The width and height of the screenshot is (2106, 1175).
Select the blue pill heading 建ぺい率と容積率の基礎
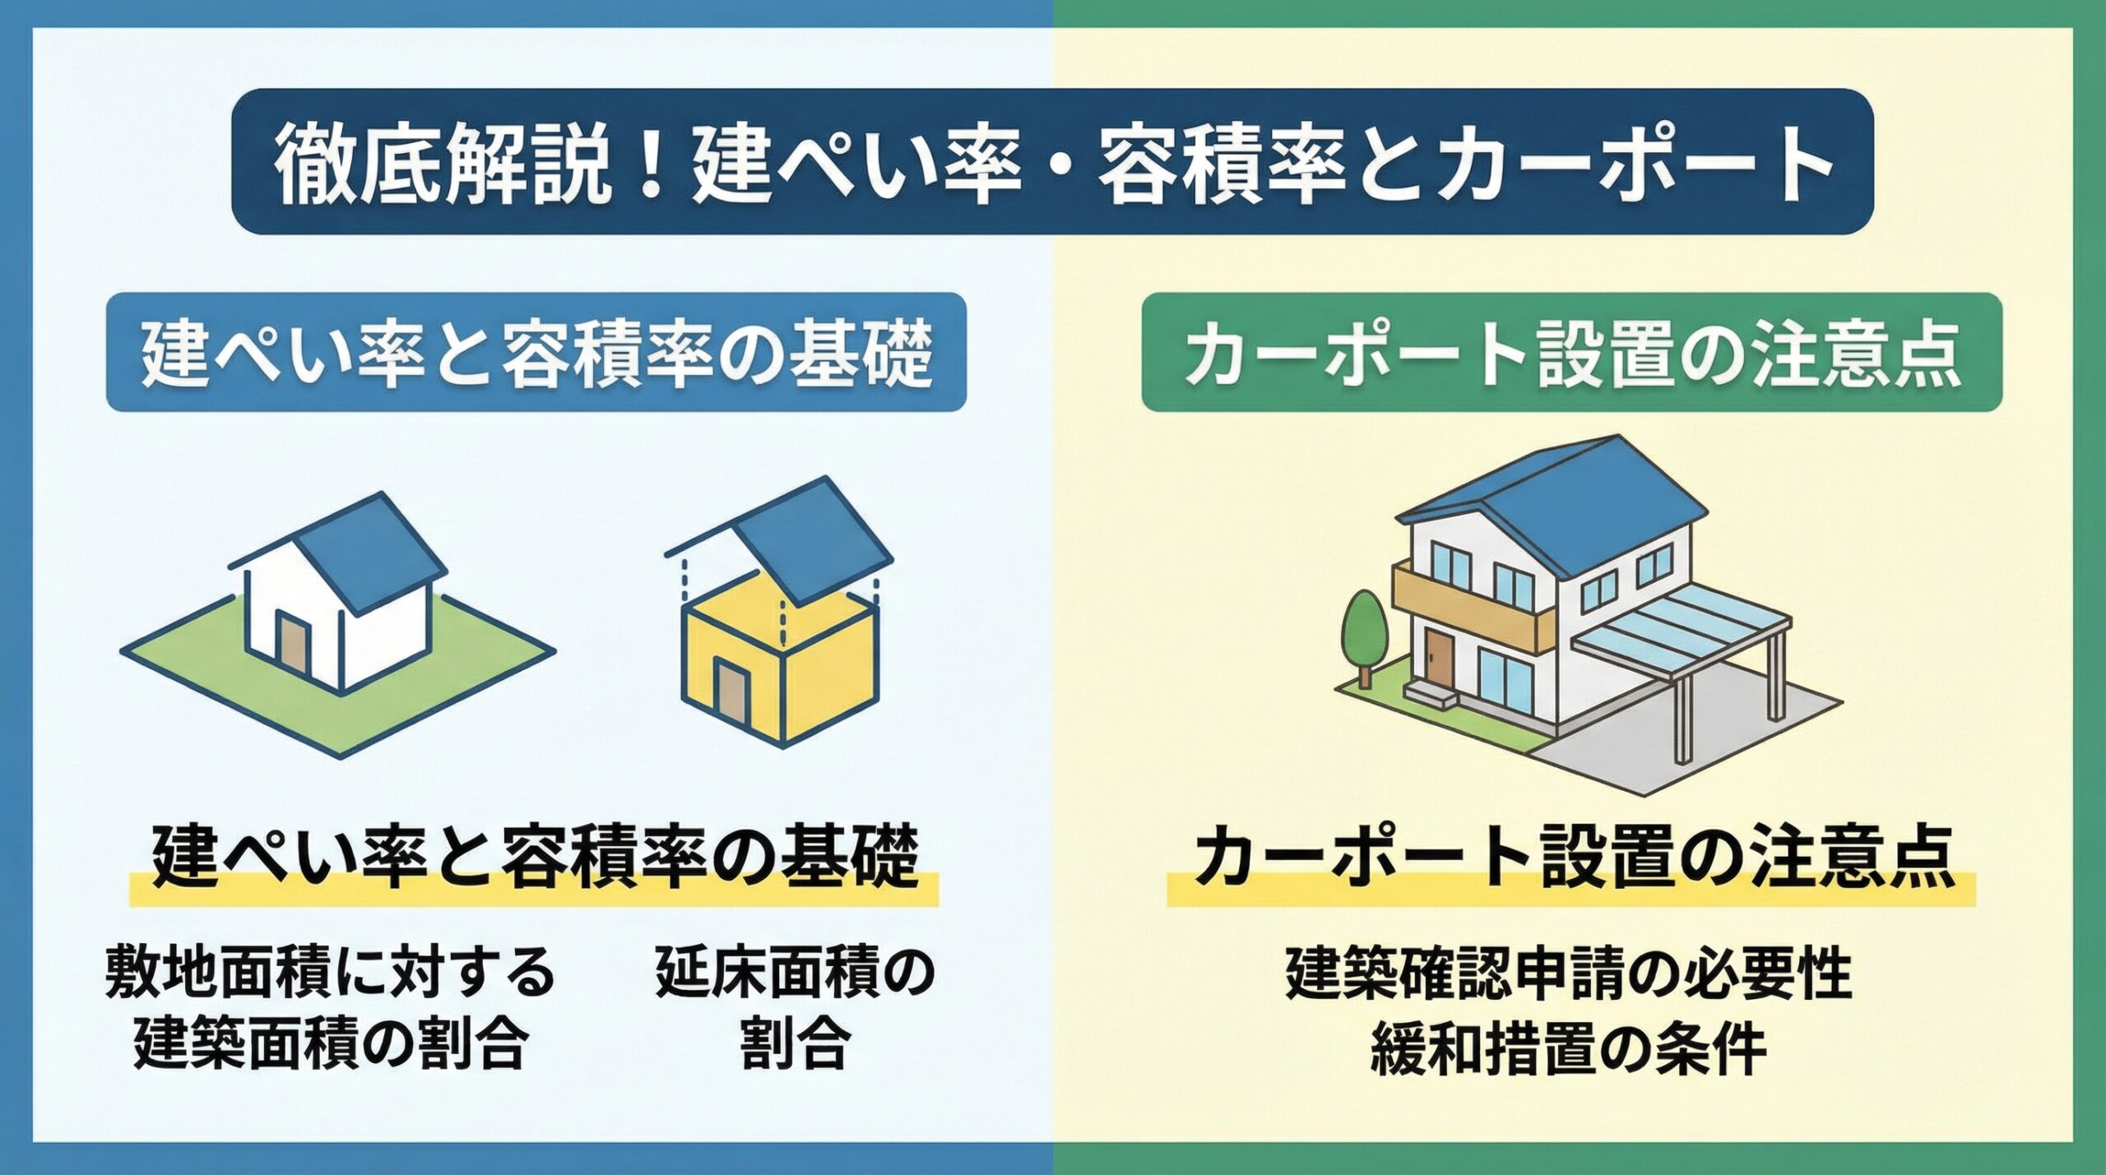pos(536,352)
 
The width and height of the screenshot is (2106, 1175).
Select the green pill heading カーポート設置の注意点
pos(1572,352)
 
